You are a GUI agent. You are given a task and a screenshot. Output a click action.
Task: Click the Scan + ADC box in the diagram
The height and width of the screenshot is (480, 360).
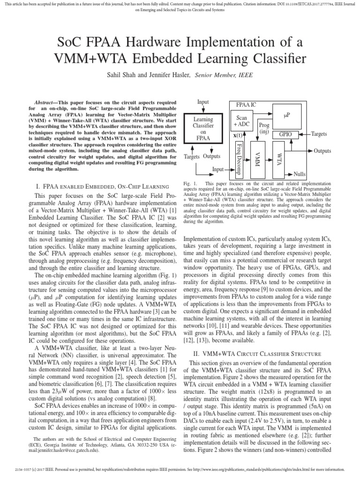pyautogui.click(x=241, y=122)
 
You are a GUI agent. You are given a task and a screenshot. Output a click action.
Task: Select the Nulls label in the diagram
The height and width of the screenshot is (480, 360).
pyautogui.click(x=300, y=174)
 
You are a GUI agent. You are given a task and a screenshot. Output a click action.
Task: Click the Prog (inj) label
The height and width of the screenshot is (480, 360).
pyautogui.click(x=264, y=128)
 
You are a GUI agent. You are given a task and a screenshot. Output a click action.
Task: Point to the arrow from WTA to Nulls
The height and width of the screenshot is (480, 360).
pyautogui.click(x=286, y=173)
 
